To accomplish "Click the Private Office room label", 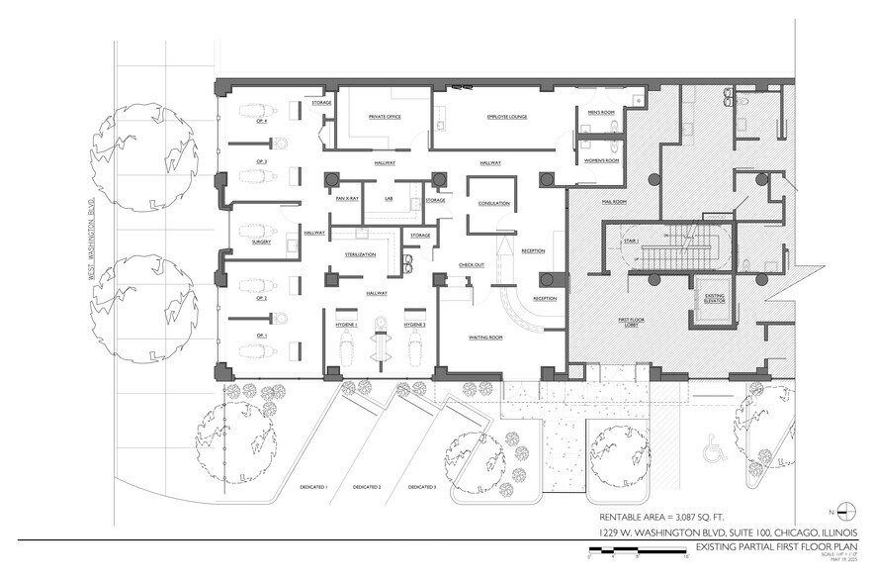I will coord(385,117).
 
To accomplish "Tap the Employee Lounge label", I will coord(504,117).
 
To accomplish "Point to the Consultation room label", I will coord(493,203).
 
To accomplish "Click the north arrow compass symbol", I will coord(846,511).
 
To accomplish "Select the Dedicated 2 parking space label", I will coord(367,487).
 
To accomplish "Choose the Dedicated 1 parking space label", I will coord(312,487).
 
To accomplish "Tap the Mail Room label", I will coord(614,202).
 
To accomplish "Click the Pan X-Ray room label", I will coord(346,200).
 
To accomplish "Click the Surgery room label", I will coord(261,242).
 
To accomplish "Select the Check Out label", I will coord(472,265).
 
